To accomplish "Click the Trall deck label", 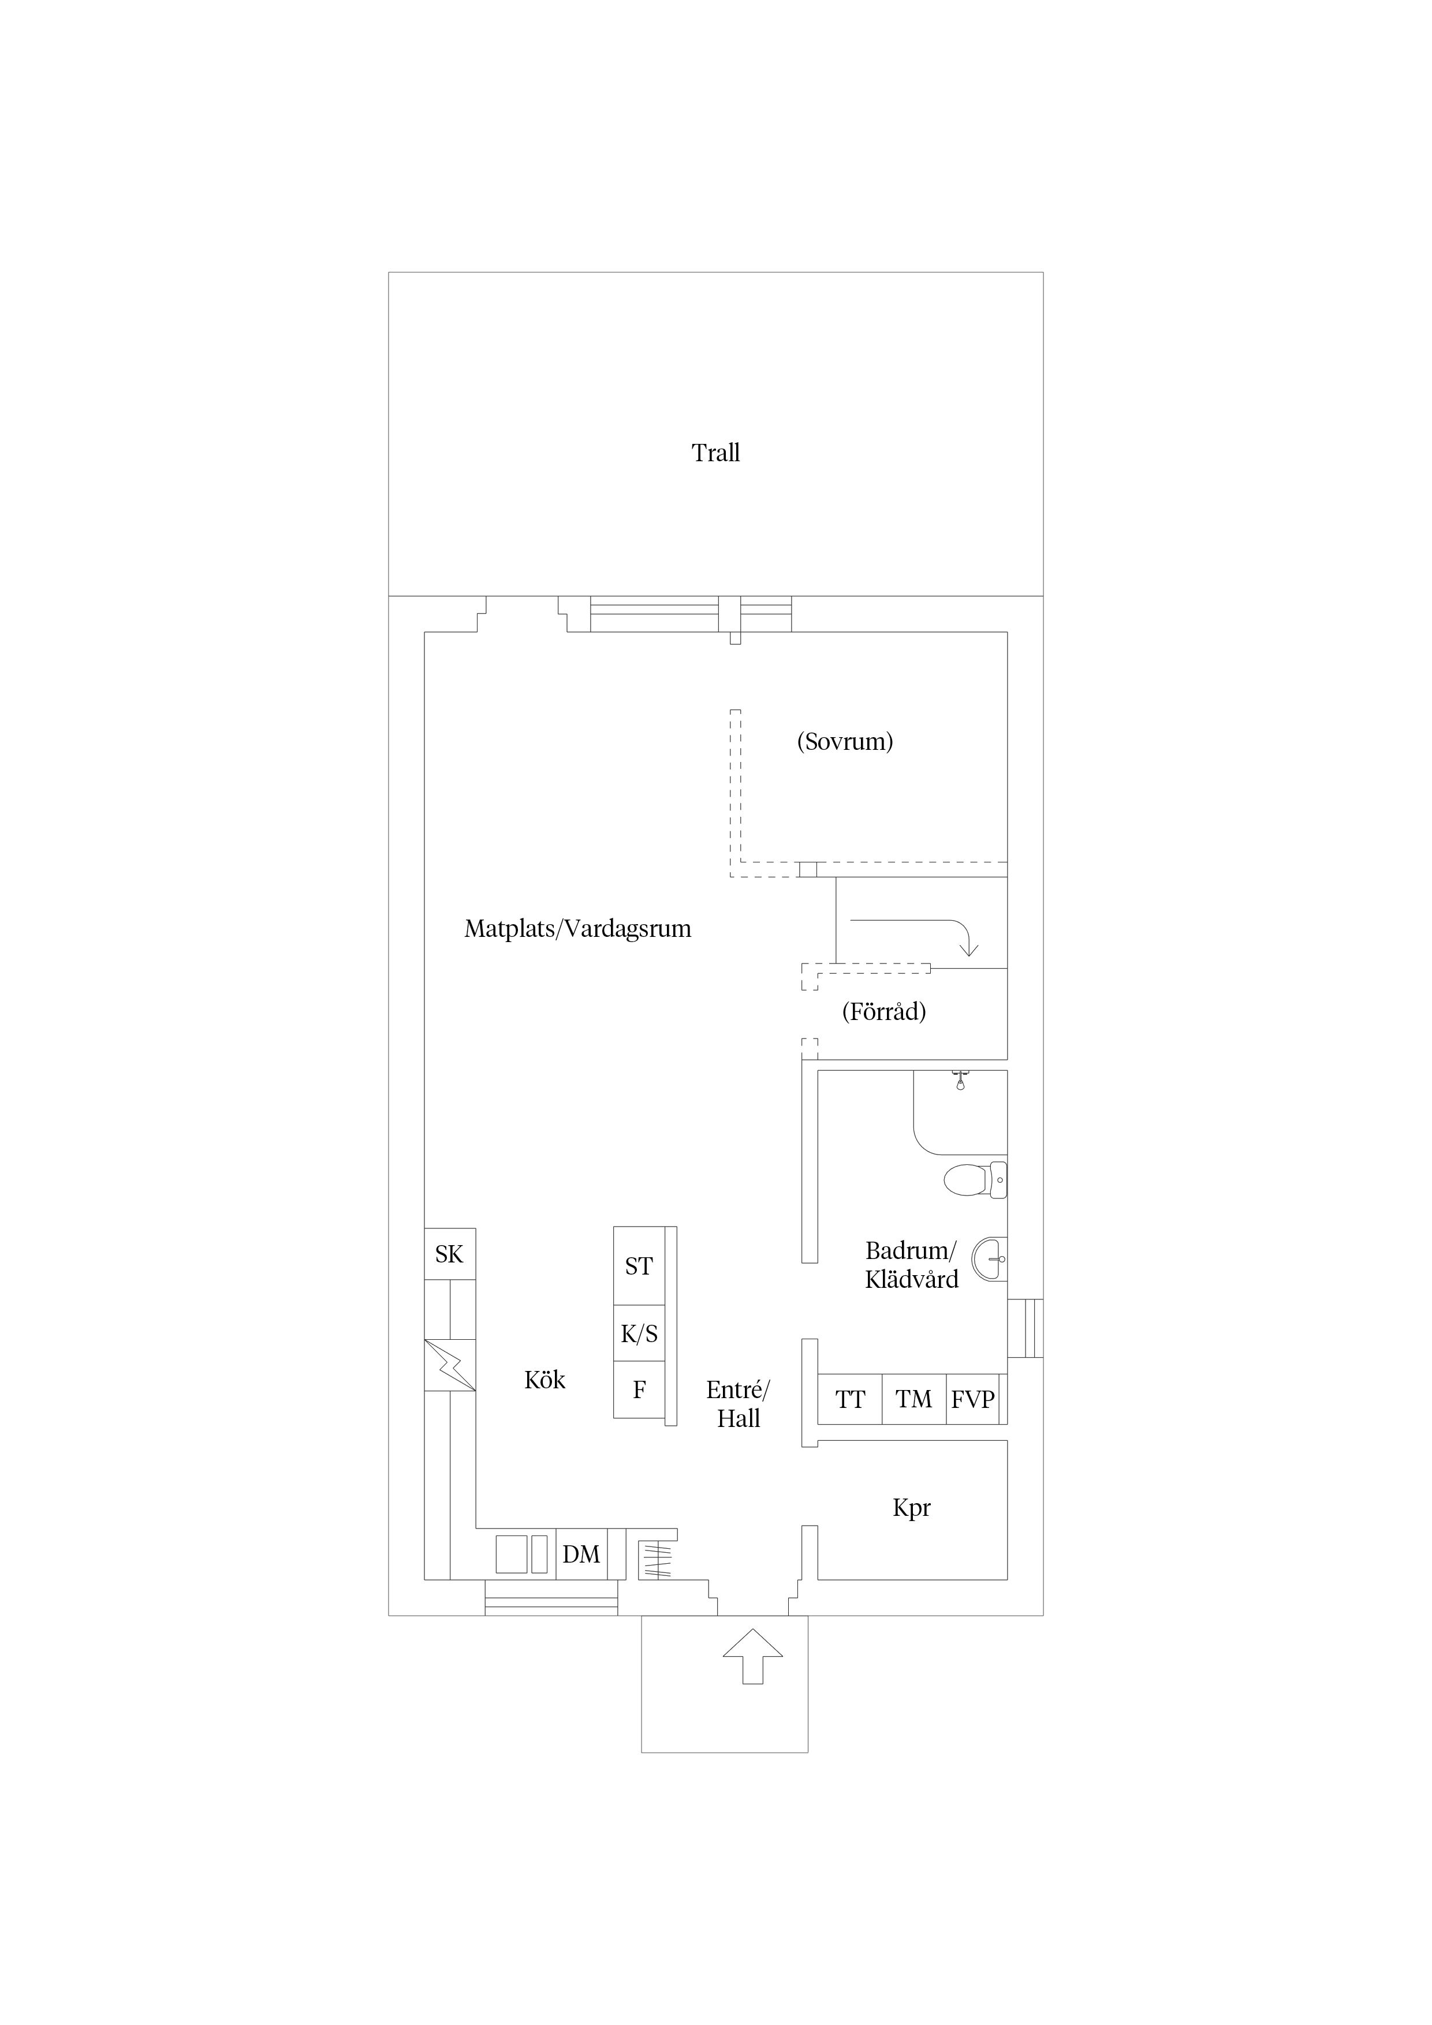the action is pos(715,453).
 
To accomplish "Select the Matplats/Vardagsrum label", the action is pos(578,929).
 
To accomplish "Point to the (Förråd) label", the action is pos(884,1011).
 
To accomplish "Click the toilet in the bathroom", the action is pos(975,1179).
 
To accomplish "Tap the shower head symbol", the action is pos(960,1081).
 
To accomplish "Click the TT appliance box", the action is pos(849,1400).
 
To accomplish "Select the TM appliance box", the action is pos(914,1400).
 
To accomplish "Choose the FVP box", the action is pos(973,1400).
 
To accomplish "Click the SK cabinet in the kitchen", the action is pos(450,1254).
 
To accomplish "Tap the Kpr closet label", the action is pos(911,1508).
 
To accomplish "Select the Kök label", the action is pos(545,1380).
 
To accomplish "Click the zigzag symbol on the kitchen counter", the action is pos(450,1365).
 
